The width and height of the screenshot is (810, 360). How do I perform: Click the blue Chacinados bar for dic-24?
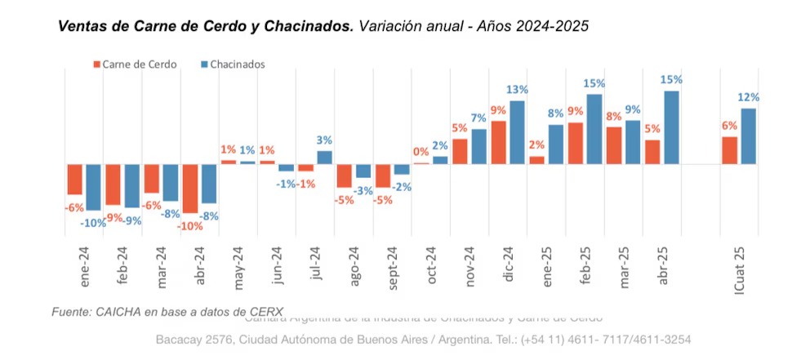point(518,132)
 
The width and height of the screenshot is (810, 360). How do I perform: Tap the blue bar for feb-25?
point(594,129)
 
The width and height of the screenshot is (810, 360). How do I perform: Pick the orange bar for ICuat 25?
point(729,150)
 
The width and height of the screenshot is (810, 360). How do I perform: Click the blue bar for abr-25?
point(671,127)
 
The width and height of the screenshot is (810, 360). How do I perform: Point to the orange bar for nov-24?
point(460,151)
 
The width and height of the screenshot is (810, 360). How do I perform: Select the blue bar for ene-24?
point(94,187)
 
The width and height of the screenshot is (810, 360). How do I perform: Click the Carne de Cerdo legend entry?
point(134,64)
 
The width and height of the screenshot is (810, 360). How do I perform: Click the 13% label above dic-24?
point(517,90)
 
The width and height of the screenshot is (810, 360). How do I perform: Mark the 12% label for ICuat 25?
point(749,97)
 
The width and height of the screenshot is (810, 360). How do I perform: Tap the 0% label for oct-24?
point(421,152)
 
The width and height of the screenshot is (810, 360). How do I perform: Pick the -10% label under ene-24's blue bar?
point(93,222)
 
